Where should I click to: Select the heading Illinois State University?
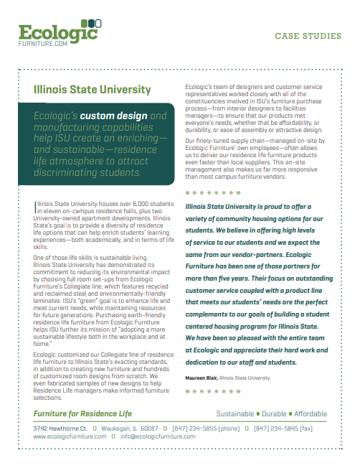click(x=93, y=90)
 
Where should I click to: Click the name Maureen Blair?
click(x=201, y=378)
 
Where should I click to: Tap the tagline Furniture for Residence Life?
click(x=82, y=414)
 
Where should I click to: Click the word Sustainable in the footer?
click(x=235, y=414)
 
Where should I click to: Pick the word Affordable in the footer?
click(x=310, y=414)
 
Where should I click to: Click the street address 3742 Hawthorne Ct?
click(x=60, y=429)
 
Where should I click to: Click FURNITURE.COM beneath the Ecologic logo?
click(x=42, y=44)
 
